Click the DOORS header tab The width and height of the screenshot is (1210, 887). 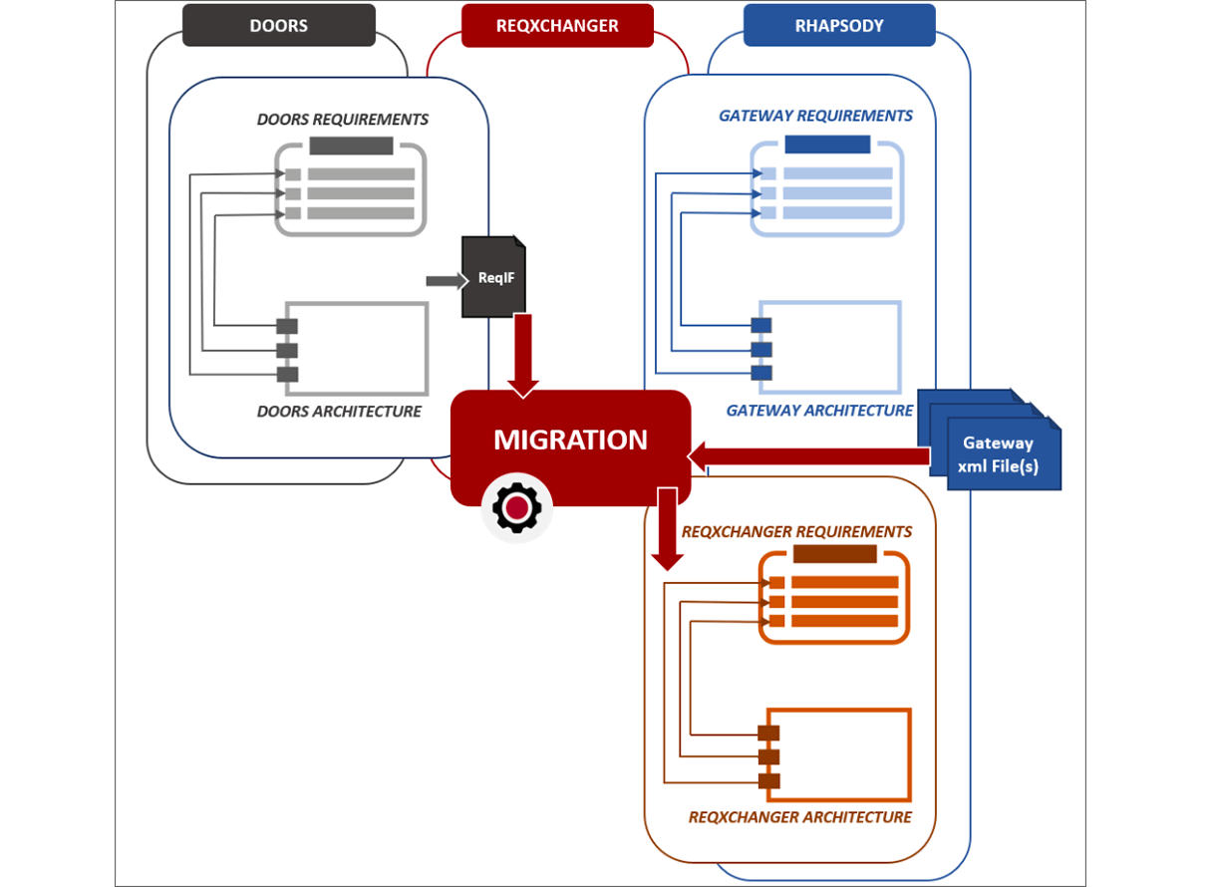[x=278, y=26]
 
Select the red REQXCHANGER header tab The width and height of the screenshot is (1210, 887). [x=557, y=26]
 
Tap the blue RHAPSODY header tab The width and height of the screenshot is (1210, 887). [x=839, y=26]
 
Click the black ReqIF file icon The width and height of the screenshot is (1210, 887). [x=493, y=278]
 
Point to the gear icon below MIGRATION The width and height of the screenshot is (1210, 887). [x=516, y=508]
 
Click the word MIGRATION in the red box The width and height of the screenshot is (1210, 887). [x=570, y=440]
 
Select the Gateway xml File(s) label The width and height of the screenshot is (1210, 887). [x=997, y=454]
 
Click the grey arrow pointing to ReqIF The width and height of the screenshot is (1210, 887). [x=446, y=281]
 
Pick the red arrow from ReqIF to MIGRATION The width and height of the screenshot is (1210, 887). [x=522, y=355]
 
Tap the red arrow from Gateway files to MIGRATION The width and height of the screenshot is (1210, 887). [x=807, y=456]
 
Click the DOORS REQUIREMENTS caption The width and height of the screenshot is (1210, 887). [x=343, y=120]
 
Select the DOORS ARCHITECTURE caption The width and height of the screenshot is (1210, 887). [x=339, y=412]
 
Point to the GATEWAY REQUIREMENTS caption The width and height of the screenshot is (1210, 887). [x=815, y=117]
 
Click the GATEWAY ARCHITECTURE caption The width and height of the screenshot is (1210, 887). [x=819, y=411]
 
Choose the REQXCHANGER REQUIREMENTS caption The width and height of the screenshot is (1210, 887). [x=796, y=532]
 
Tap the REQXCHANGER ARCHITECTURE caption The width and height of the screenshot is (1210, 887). [x=799, y=817]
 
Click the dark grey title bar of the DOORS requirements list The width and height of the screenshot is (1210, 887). [x=351, y=147]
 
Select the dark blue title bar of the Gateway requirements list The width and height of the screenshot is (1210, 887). [x=827, y=145]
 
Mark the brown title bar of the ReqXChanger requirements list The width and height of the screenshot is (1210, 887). [x=834, y=554]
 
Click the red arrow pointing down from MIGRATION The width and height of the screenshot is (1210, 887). [x=668, y=528]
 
